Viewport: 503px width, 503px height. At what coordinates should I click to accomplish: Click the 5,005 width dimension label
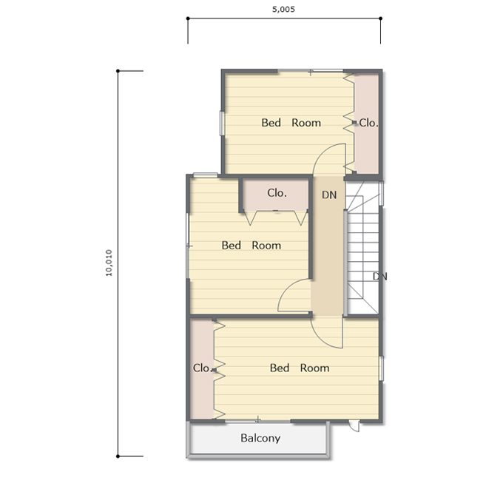coord(283,10)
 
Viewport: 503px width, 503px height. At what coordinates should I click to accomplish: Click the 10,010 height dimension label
coord(109,263)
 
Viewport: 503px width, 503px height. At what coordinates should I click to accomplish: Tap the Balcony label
coord(260,438)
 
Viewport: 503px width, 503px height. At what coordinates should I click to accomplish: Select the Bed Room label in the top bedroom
coord(291,123)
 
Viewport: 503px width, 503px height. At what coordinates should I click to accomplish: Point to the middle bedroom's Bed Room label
coord(251,246)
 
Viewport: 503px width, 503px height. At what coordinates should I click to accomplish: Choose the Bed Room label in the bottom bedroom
coord(300,368)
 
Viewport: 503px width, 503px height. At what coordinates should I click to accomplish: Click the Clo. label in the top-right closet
coord(368,123)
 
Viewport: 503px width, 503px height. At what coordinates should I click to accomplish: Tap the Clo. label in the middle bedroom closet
coord(277,193)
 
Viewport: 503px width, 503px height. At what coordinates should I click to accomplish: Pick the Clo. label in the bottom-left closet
coord(202,368)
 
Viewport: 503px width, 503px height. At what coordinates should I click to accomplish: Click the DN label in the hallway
coord(329,195)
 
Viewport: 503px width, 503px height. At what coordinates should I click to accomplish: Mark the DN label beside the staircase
coord(379,276)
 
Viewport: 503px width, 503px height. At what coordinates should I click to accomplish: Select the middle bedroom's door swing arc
coord(288,288)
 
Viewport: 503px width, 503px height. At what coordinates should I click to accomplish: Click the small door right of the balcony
coord(354,426)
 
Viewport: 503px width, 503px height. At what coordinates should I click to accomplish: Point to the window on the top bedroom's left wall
coord(222,124)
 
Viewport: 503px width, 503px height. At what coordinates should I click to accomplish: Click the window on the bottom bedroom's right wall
coord(381,368)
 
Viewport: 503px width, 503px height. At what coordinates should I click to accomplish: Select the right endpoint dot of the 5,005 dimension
coord(380,18)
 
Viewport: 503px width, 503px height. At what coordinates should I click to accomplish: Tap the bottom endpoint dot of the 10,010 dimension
coord(118,456)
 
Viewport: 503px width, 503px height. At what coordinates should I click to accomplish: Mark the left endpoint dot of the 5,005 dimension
coord(188,18)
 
